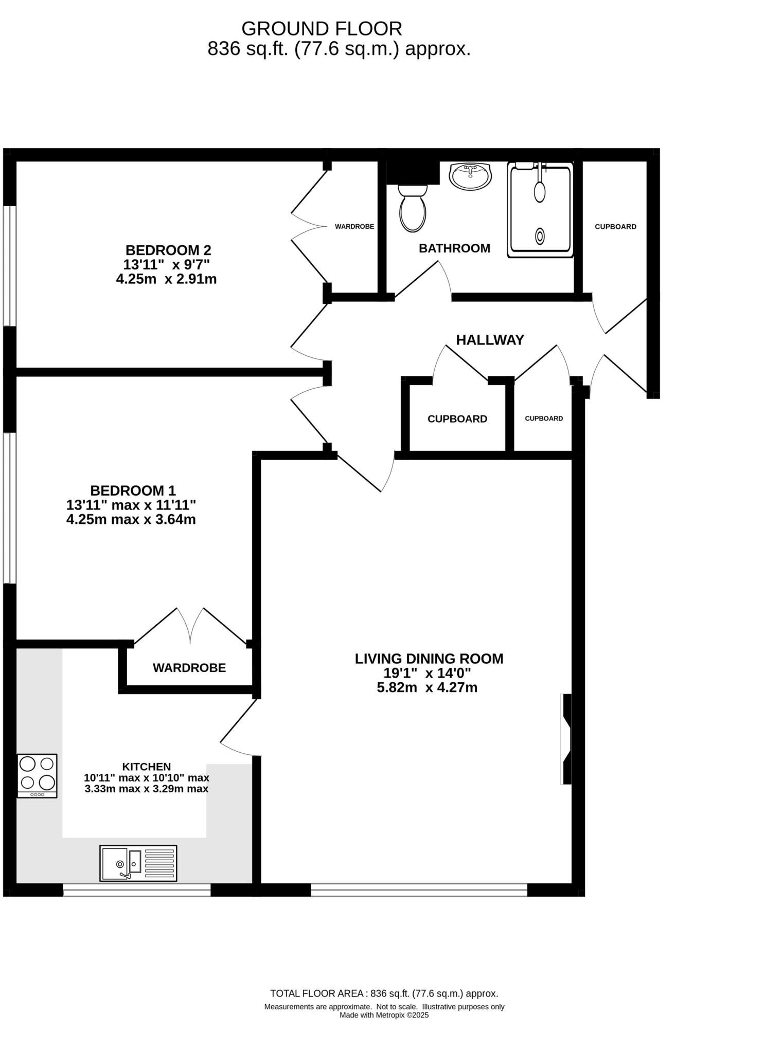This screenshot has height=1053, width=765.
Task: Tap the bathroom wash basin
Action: click(470, 176)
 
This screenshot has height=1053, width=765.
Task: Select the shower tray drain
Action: click(540, 236)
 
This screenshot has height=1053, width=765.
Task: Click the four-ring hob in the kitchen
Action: click(37, 775)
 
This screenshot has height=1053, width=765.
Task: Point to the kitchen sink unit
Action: click(138, 863)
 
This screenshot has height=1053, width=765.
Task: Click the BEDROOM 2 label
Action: click(168, 250)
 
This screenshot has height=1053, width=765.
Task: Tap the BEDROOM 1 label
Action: click(133, 490)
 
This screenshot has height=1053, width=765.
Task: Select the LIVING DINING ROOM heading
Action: click(429, 659)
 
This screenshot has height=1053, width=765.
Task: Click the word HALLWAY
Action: click(490, 340)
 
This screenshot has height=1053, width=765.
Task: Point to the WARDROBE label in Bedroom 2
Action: click(354, 227)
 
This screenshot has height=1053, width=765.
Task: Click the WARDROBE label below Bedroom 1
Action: click(189, 668)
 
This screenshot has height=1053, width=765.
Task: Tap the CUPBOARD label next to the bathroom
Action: click(615, 227)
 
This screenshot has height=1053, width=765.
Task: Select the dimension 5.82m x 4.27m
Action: click(427, 687)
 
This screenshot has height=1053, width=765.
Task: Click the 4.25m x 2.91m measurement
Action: click(166, 279)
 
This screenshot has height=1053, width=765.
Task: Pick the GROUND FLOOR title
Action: click(322, 28)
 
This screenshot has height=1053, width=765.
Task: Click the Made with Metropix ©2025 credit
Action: click(384, 1015)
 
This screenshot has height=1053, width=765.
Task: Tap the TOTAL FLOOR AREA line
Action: click(384, 993)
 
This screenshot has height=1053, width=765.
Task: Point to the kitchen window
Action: click(137, 890)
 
